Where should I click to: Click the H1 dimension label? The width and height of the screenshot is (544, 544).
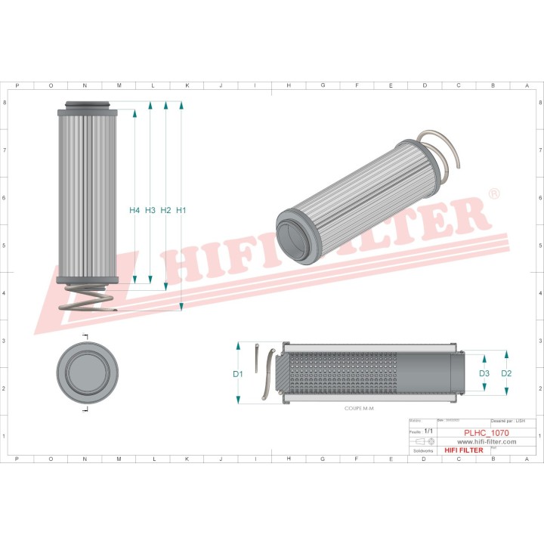click(x=181, y=210)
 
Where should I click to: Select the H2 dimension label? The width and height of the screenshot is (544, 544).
click(x=165, y=210)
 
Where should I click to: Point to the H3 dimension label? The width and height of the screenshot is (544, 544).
click(x=150, y=210)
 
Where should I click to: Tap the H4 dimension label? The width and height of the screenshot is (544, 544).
click(x=134, y=210)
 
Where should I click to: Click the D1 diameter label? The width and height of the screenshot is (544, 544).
click(x=237, y=374)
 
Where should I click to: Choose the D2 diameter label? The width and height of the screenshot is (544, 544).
click(x=506, y=373)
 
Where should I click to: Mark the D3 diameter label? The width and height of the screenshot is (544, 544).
click(x=484, y=373)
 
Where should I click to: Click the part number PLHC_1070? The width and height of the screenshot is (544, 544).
click(x=487, y=433)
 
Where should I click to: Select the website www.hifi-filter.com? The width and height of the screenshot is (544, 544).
click(x=487, y=442)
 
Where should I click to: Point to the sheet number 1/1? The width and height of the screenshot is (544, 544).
click(x=428, y=431)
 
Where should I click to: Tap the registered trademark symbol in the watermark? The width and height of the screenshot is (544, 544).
click(x=494, y=194)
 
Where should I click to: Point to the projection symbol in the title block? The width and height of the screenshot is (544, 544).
click(x=420, y=440)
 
